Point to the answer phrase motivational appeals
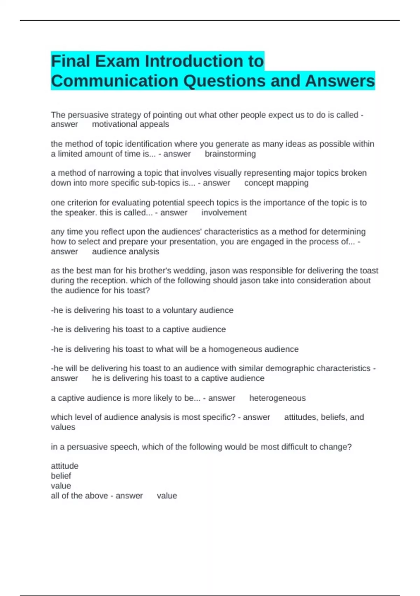pyautogui.click(x=130, y=124)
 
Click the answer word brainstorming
pyautogui.click(x=230, y=154)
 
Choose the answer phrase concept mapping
pyautogui.click(x=276, y=183)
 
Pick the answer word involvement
pyautogui.click(x=224, y=213)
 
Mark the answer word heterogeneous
pyautogui.click(x=277, y=398)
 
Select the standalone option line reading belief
pyautogui.click(x=61, y=476)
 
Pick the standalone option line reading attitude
pyautogui.click(x=64, y=466)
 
